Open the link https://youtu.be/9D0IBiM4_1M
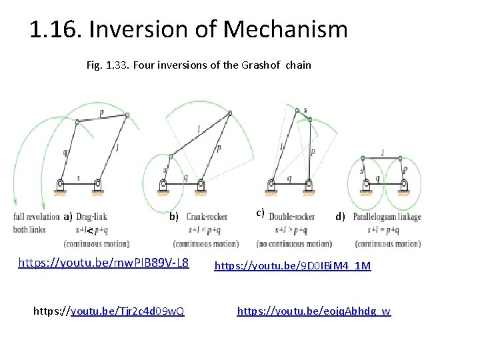point(292,267)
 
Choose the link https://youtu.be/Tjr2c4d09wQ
point(109,311)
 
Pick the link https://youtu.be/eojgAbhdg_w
point(314,311)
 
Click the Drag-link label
point(91,217)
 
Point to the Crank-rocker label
point(207,217)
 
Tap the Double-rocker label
point(291,217)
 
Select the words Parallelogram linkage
point(387,217)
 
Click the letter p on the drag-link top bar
point(101,113)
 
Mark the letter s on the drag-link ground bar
point(78,178)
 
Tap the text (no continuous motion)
point(293,243)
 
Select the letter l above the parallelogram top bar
point(382,153)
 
